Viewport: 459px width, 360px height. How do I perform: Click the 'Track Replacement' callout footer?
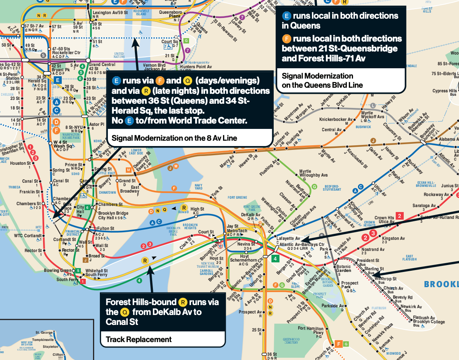pos(138,339)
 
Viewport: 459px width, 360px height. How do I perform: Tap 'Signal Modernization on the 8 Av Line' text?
pos(174,138)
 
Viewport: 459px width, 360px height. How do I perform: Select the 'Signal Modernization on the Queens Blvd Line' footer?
pos(317,80)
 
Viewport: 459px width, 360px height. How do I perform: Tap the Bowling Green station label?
pos(58,271)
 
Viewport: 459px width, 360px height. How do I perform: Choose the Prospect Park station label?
pos(350,285)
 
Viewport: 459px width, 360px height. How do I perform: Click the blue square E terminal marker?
pos(58,80)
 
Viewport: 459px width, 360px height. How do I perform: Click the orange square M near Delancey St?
pos(129,170)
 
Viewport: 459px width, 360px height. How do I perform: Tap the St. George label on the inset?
pos(43,333)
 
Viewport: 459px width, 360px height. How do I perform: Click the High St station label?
pos(197,209)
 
